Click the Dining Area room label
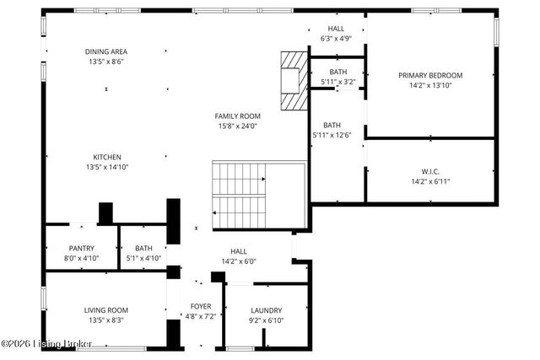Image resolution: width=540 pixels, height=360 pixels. point(106,51)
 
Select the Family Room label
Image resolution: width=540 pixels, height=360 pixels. point(237,116)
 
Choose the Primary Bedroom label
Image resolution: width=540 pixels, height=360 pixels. point(430,75)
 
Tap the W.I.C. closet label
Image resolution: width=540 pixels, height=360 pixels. point(430,170)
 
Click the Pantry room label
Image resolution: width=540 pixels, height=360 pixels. point(82,248)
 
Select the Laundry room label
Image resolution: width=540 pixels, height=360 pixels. point(266,310)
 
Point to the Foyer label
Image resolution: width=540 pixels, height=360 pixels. point(200,306)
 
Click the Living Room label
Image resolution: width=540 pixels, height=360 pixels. point(106,310)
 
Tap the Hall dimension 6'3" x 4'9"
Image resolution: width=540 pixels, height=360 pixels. point(336,39)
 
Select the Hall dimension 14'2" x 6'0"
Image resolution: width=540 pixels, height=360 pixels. point(239,261)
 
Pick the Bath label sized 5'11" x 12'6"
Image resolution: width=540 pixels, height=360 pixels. point(332,135)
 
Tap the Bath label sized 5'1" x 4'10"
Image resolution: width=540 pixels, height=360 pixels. point(143,258)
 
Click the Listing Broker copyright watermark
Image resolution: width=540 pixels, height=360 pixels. point(47,344)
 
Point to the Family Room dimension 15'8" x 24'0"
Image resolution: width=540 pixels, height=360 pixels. point(237,126)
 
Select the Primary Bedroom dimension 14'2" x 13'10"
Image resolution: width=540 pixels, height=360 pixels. point(430,85)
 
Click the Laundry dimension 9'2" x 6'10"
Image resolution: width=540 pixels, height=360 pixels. point(266,320)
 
